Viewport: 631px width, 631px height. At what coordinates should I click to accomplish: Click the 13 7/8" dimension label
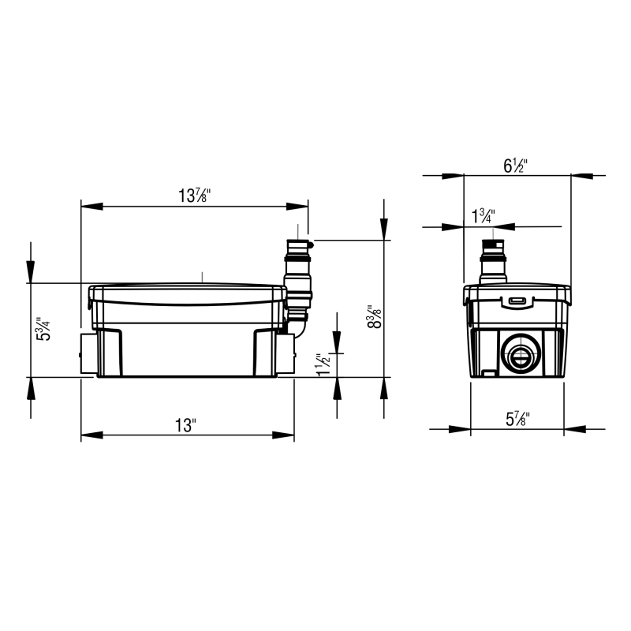pos(194,196)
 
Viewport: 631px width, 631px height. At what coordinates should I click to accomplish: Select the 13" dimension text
pos(185,425)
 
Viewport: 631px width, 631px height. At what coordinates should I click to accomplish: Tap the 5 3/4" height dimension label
pos(43,329)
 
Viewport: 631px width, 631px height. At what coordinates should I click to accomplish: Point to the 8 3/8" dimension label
pos(374,316)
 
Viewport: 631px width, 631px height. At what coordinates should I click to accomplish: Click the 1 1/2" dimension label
pos(323,365)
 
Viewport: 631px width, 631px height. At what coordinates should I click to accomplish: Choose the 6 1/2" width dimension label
pos(515,166)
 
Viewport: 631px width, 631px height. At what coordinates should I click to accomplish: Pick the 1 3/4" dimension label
pos(484,216)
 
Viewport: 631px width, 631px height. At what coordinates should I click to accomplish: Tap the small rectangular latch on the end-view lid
pos(517,301)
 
